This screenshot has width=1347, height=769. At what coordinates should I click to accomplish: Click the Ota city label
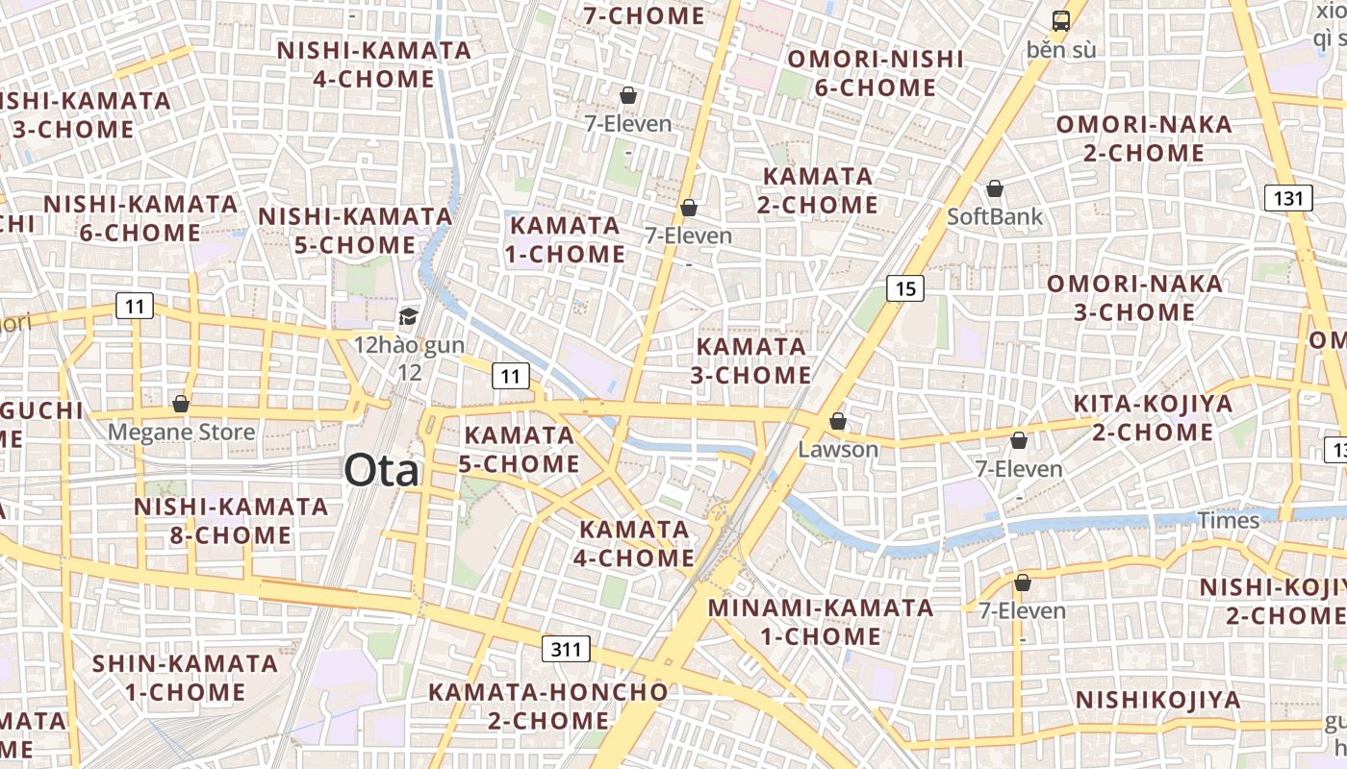pos(382,471)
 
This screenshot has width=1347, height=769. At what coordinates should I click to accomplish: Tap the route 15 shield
pos(904,287)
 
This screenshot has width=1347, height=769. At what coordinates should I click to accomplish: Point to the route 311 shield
pos(567,649)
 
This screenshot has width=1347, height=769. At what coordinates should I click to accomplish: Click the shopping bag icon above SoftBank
pos(995,188)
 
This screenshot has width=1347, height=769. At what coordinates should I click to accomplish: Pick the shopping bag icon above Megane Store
pos(180,404)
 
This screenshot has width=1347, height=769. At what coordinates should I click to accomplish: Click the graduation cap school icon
pos(409,316)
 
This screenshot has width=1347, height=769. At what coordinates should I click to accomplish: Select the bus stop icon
pos(1060,21)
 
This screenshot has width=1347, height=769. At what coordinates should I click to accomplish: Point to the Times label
pos(1228,520)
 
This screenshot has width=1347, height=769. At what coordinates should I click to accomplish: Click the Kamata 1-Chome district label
pos(566,239)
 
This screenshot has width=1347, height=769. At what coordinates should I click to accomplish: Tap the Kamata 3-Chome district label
pos(751,360)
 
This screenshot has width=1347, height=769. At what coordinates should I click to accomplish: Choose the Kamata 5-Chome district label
pos(519,449)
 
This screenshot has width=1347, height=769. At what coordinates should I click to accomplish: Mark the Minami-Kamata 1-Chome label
pos(821,622)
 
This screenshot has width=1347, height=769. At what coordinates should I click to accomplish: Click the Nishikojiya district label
pos(1158,700)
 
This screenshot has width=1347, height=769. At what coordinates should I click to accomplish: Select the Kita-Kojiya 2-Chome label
pos(1153,417)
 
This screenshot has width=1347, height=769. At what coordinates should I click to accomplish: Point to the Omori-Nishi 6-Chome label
pos(876,73)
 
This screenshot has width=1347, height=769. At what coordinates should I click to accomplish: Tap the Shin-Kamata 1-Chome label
pos(185,678)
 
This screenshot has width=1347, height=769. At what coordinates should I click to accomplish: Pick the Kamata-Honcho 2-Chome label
pos(547,706)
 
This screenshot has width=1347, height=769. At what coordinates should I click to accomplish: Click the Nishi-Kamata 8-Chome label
pos(231,520)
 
